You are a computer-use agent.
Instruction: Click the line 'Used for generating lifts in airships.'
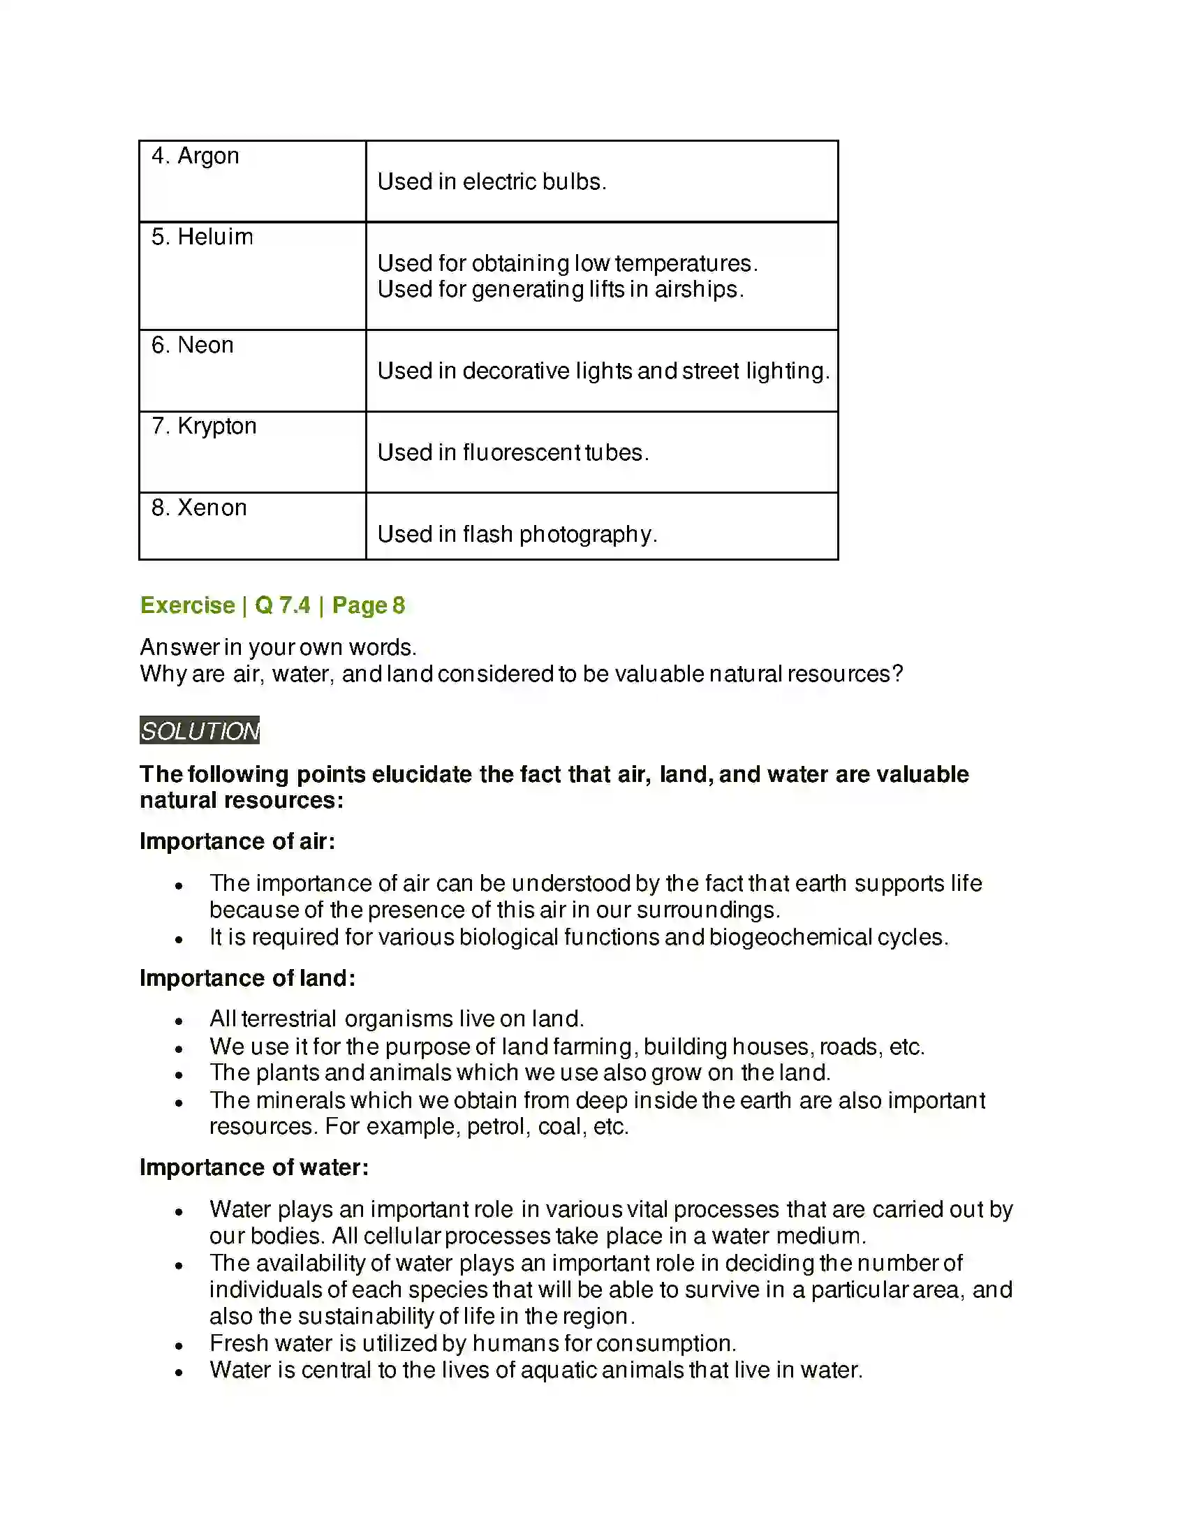pos(561,289)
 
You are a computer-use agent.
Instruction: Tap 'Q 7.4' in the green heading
pos(282,605)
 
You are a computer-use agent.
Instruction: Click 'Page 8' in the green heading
pos(369,605)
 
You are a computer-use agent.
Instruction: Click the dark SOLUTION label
pos(200,731)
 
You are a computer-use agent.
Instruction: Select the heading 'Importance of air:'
pos(237,841)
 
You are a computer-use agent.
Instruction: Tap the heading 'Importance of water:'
pos(254,1167)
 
